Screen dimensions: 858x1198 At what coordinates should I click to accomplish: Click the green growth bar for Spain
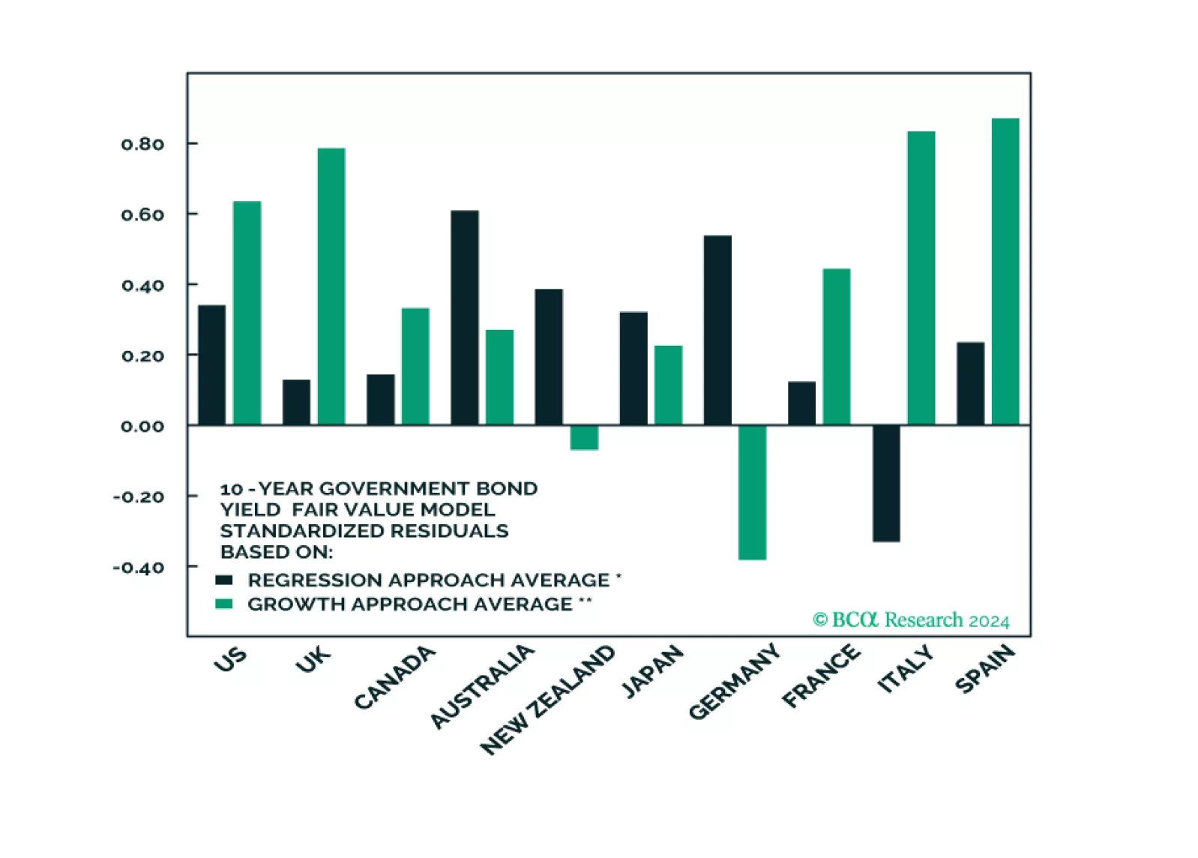1005,271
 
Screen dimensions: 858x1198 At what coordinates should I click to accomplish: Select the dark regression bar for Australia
464,318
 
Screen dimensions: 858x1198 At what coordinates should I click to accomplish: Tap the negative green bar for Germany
752,492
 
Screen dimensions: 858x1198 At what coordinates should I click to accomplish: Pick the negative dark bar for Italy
886,483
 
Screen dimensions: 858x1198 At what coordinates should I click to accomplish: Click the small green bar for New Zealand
584,438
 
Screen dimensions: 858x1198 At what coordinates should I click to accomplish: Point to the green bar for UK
331,286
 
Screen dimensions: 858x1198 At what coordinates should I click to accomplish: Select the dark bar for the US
211,365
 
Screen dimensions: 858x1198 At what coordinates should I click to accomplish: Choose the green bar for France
836,346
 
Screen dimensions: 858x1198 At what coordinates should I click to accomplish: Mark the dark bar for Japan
633,368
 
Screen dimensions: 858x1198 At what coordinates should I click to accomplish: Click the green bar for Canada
415,367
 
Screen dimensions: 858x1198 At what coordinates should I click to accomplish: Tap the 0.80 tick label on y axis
142,144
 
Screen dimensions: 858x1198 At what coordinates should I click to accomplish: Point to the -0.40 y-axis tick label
139,567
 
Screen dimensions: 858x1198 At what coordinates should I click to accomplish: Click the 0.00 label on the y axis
142,426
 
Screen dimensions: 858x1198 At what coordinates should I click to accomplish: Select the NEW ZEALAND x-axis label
547,699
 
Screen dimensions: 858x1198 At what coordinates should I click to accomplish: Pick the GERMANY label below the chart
734,682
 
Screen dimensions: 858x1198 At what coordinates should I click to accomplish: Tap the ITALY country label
906,668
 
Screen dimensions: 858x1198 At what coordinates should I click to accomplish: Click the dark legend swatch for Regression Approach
223,580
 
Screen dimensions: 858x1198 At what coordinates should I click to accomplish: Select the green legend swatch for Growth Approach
223,604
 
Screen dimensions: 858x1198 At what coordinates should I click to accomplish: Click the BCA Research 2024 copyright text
911,620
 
